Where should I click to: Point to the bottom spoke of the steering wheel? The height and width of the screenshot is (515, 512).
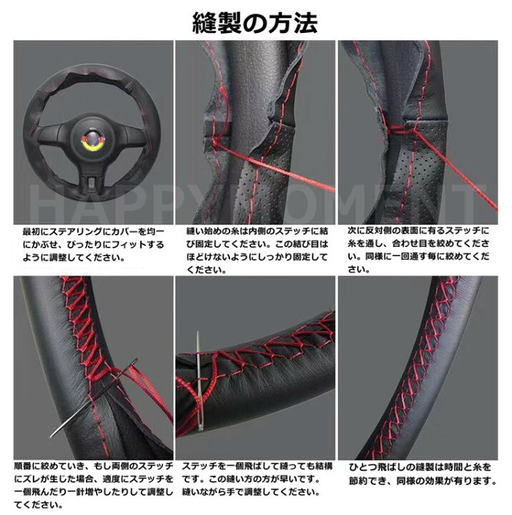tap(92, 178)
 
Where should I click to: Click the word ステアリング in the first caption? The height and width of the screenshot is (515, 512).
tap(74, 233)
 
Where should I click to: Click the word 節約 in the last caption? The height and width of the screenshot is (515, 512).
tap(359, 481)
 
